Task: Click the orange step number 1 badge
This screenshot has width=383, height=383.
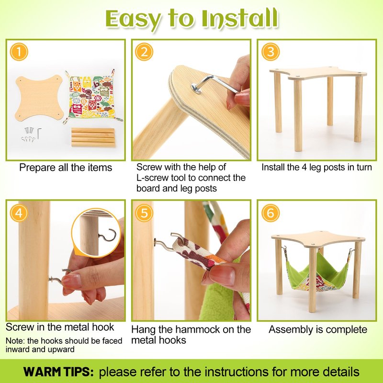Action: point(19,52)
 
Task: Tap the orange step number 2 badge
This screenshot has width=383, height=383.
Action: point(144,52)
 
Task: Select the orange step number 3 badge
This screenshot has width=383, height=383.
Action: point(270,52)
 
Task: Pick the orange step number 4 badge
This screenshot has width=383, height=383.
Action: point(19,213)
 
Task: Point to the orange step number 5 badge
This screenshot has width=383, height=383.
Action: point(144,213)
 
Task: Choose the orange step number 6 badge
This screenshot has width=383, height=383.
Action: point(270,213)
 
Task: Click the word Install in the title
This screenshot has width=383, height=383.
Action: point(240,19)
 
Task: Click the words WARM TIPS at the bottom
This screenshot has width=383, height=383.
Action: point(58,372)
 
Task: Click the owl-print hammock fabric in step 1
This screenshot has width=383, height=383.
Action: point(92,96)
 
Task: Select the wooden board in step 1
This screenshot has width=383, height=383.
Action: point(40,97)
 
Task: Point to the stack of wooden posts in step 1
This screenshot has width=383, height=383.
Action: point(93,137)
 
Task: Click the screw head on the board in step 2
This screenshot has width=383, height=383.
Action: point(197,88)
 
